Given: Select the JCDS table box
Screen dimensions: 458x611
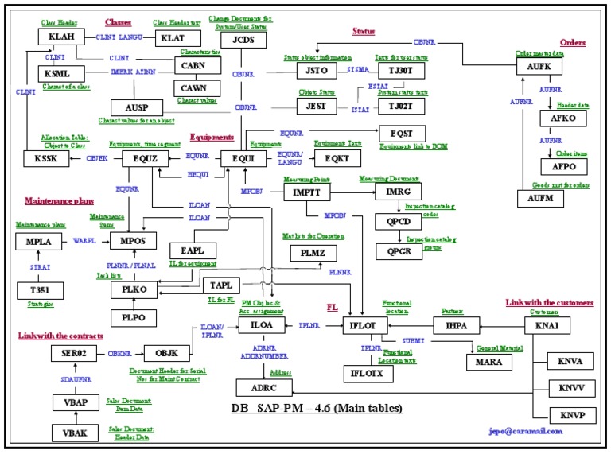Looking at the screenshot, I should pos(243,39).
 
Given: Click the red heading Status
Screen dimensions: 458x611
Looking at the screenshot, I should pos(364,31).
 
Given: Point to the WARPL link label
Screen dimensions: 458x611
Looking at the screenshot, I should pos(84,239).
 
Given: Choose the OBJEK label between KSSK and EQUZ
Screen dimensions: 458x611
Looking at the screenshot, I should pos(96,158).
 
